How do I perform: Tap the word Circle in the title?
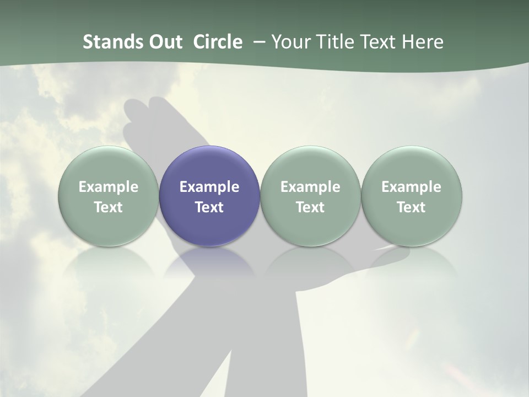(218, 42)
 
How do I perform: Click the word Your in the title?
(290, 42)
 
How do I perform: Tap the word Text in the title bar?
(381, 42)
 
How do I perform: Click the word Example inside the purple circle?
(209, 187)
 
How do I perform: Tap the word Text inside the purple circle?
(209, 207)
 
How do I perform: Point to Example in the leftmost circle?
(108, 187)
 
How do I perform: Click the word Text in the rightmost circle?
(412, 207)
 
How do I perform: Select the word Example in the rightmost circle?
(412, 187)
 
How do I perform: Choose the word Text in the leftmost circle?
(108, 207)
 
